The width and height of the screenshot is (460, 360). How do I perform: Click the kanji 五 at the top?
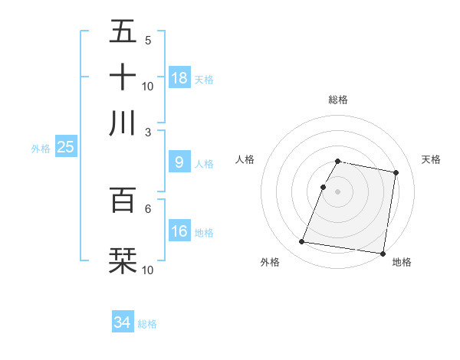[x=123, y=31]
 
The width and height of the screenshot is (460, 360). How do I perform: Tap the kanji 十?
[x=123, y=77]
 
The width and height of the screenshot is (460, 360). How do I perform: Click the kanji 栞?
[x=123, y=260]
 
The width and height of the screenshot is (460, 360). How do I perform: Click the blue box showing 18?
[x=179, y=78]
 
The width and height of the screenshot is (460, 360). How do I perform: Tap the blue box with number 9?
[x=179, y=162]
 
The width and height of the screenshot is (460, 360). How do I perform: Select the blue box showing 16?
[x=179, y=231]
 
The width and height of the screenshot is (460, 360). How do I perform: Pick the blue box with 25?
[x=65, y=147]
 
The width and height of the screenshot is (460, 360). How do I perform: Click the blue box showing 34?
[x=123, y=322]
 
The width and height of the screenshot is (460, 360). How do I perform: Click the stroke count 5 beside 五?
[x=147, y=40]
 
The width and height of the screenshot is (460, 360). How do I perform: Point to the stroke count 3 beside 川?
[x=147, y=132]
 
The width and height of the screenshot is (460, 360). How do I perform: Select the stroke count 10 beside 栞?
[x=147, y=270]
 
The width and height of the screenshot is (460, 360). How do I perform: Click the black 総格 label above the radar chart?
[x=338, y=100]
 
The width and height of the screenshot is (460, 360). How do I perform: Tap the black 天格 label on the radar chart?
[x=431, y=159]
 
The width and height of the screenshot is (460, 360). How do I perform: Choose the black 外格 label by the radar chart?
[x=270, y=262]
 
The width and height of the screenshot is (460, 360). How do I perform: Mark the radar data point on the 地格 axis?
[x=382, y=253]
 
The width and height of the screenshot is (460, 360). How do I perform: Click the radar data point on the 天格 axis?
[x=396, y=173]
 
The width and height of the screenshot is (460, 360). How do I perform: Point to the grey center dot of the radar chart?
[x=337, y=191]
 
